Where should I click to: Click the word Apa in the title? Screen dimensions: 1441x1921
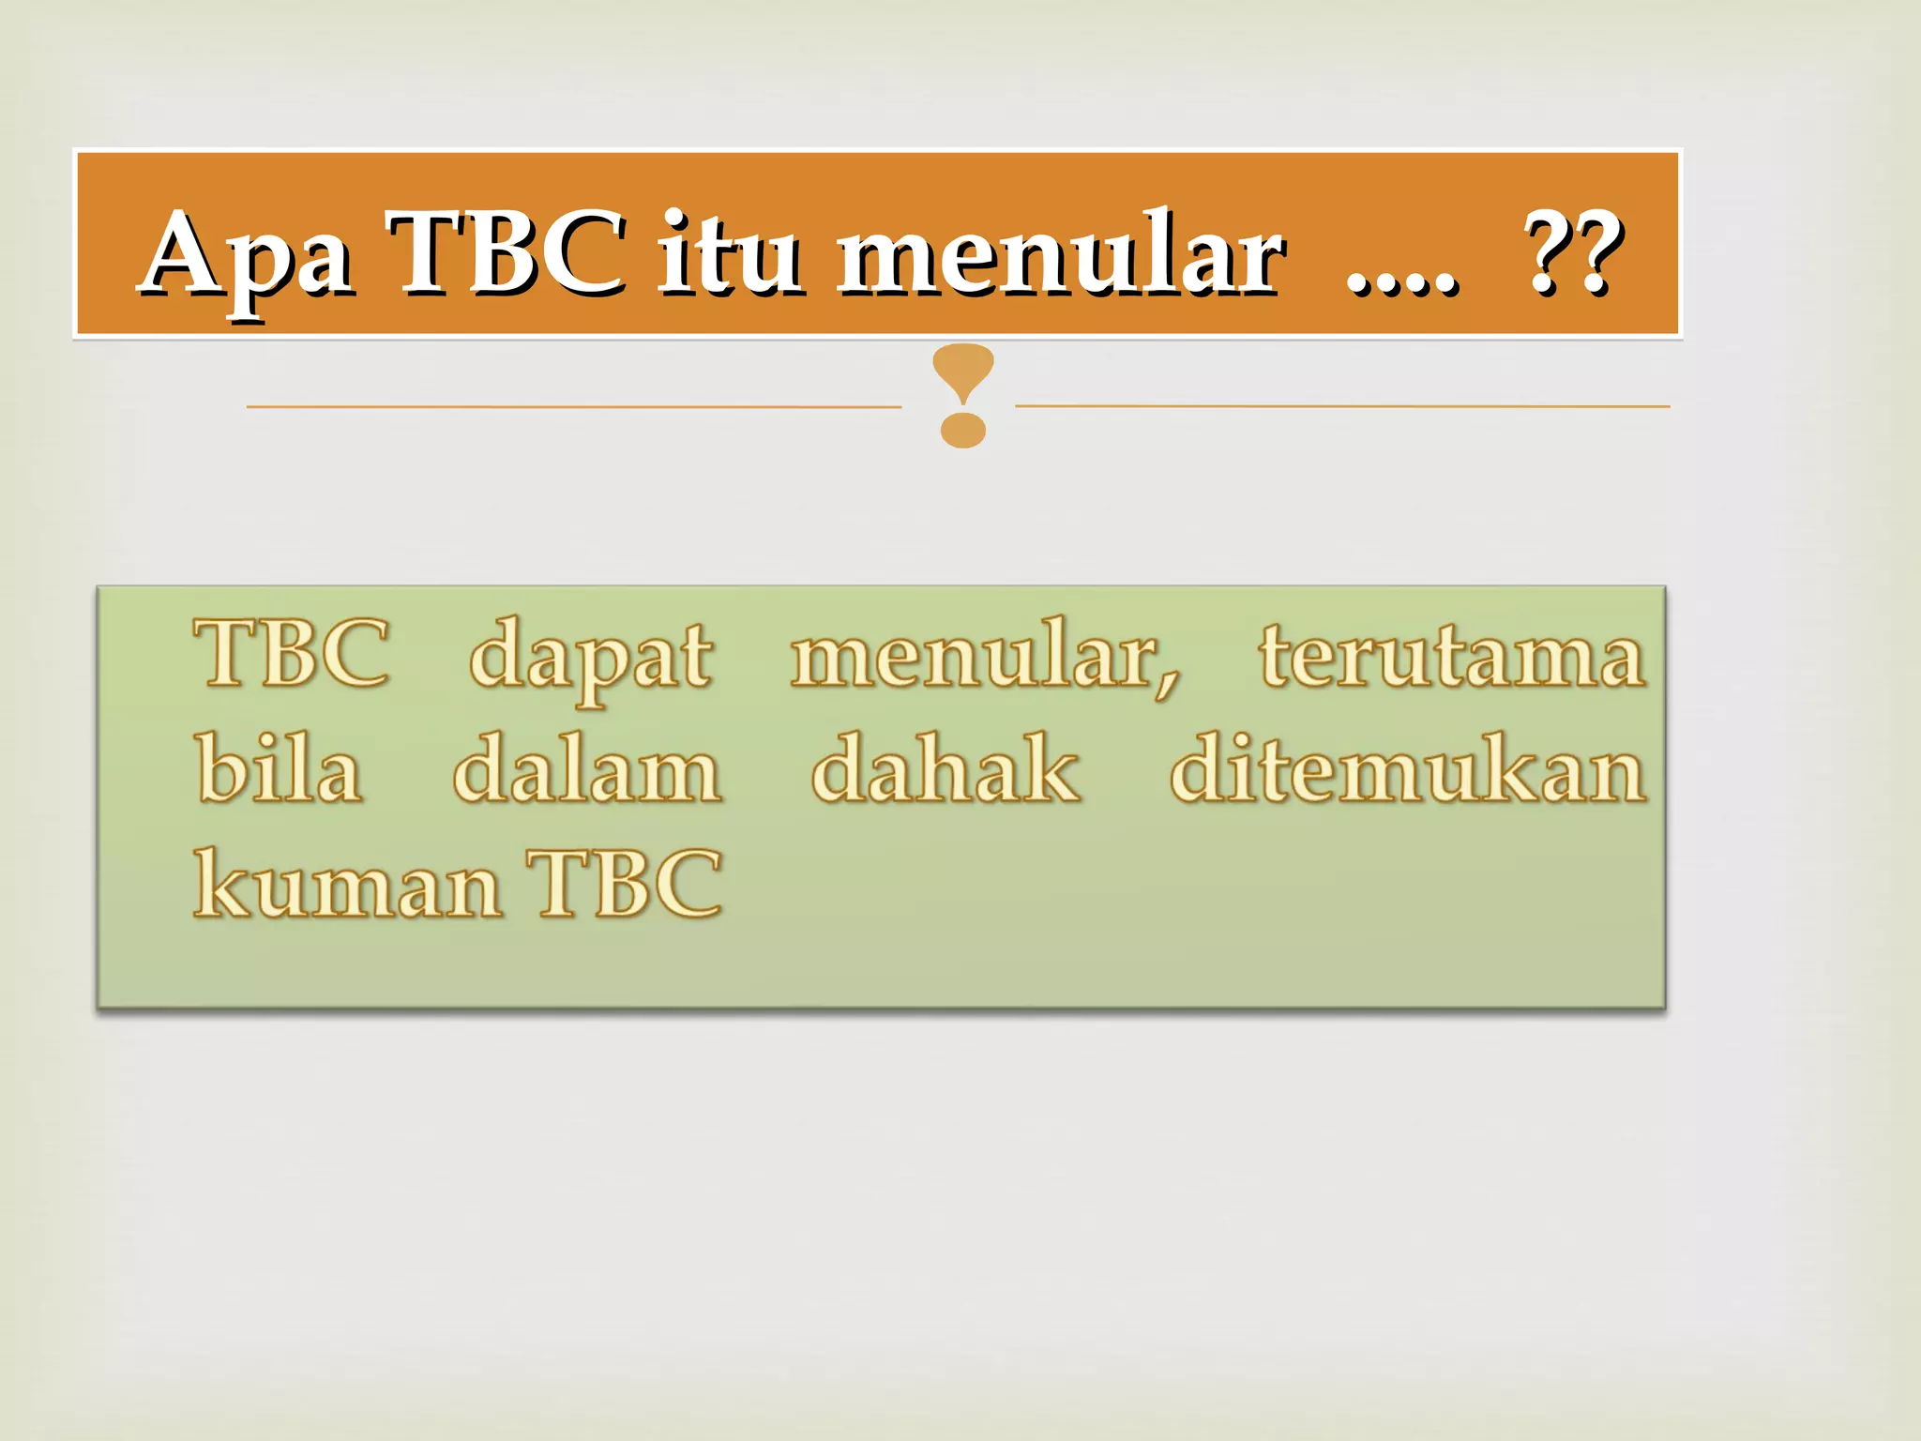249,253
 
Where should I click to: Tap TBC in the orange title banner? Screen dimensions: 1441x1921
509,251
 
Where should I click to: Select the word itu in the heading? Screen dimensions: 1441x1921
730,251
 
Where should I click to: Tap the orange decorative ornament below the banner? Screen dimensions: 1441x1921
963,394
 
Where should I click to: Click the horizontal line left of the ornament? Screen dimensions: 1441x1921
572,407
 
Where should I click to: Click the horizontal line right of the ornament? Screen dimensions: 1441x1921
1341,406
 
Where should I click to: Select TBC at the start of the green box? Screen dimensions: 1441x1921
293,654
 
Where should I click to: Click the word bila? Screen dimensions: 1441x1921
280,769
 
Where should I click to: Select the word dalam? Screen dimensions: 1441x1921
587,769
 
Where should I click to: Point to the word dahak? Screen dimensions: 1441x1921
945,769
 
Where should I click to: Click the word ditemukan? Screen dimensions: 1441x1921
1407,769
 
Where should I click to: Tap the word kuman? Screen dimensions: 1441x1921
347,884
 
